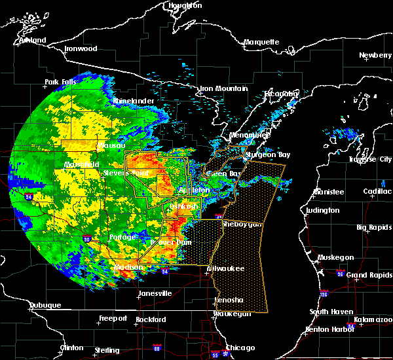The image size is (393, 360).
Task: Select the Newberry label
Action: coord(375,56)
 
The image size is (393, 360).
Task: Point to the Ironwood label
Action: coord(81,49)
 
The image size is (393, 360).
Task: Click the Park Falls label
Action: coord(61,82)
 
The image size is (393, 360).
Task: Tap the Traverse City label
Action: coord(370,159)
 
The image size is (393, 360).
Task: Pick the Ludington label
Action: coord(322,210)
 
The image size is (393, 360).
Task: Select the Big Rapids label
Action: coord(374,227)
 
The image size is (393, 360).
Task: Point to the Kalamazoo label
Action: coord(373,320)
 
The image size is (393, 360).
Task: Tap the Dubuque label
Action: coord(45,306)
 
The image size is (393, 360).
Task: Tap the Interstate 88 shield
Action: coord(157,348)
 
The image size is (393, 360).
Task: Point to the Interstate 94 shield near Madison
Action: coord(165,270)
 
